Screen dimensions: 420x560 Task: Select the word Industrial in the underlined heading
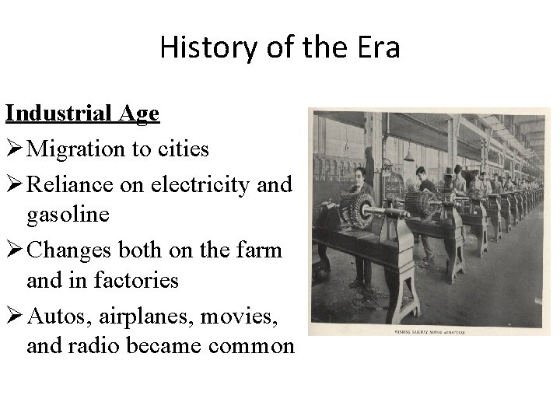pyautogui.click(x=61, y=114)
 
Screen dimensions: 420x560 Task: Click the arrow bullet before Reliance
pyautogui.click(x=15, y=184)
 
